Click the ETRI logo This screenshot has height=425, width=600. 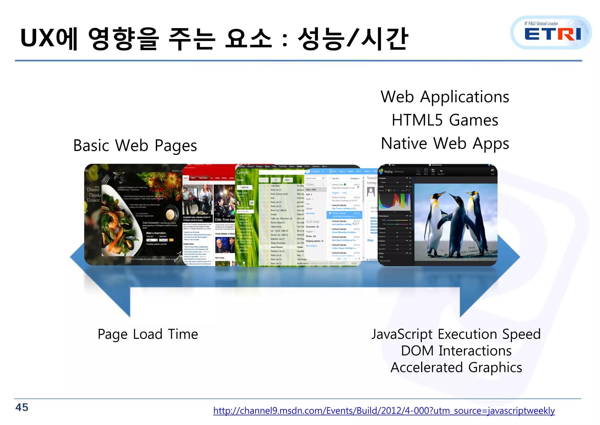click(552, 33)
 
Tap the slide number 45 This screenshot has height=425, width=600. click(22, 407)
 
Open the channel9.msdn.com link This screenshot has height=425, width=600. click(384, 410)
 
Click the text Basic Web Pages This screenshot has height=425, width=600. click(135, 146)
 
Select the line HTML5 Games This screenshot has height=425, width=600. click(445, 120)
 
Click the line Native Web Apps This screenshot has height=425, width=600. click(445, 144)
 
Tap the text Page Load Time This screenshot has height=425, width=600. click(148, 334)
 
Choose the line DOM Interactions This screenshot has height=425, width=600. click(456, 351)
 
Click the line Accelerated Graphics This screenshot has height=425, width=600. click(456, 367)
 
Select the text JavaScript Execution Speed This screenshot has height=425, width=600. click(456, 334)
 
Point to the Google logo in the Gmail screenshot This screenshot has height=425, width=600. click(243, 173)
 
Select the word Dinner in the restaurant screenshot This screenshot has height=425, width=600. click(93, 190)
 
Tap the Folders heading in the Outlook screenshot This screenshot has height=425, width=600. click(310, 185)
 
